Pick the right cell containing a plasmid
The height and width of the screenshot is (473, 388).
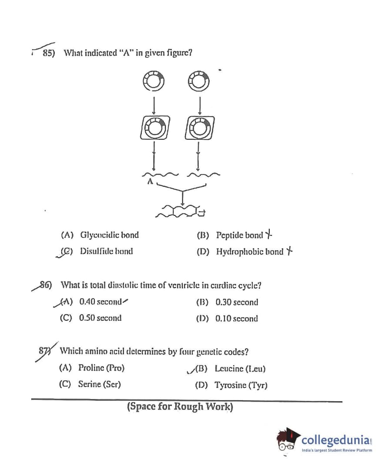click(199, 127)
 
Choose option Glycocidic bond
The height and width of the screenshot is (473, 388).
click(109, 235)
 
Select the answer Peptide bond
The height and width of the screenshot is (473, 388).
click(239, 235)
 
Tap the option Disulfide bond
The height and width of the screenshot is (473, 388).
click(106, 251)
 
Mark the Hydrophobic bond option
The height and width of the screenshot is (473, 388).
click(249, 252)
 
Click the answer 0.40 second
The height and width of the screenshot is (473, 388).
click(100, 301)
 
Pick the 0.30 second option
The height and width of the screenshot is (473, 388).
click(237, 302)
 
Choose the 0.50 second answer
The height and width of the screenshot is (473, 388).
click(100, 318)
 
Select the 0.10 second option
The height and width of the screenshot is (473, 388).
click(237, 319)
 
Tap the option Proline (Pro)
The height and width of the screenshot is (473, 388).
click(101, 368)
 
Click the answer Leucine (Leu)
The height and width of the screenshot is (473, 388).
click(240, 369)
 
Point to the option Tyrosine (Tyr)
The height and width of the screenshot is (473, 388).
click(241, 385)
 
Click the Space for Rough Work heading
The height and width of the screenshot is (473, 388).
click(180, 407)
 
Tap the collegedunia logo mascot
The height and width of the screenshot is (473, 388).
click(288, 440)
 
